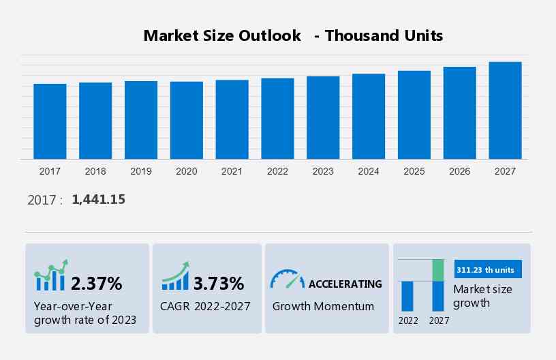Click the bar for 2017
point(50,121)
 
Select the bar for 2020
point(187,120)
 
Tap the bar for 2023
point(323,117)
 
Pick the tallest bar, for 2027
point(505,110)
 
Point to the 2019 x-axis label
point(141,171)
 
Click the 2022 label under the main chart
point(277,171)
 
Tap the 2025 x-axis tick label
point(414,171)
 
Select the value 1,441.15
point(98,199)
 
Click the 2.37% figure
point(97,283)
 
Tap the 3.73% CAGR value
point(218,283)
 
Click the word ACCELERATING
point(345,284)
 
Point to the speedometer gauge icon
point(287,279)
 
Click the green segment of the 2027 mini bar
point(438,270)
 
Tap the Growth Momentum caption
point(323,306)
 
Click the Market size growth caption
point(482,296)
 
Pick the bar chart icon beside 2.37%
point(51,276)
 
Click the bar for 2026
point(460,112)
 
